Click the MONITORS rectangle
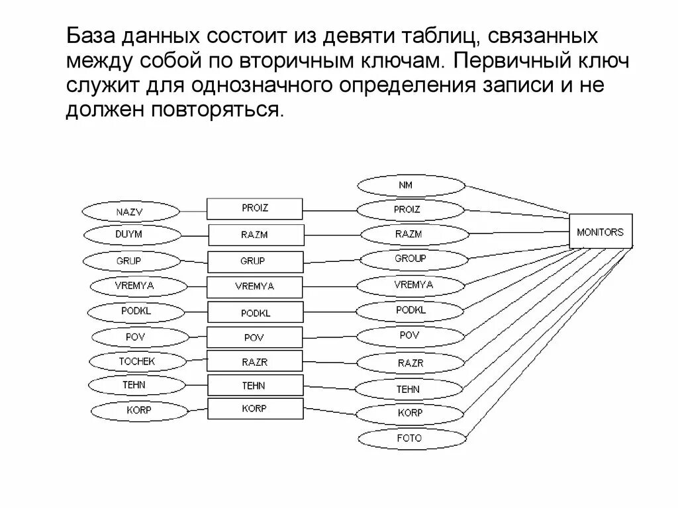pos(601,232)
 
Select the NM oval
pos(405,185)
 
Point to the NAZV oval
pos(130,212)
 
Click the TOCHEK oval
pos(137,362)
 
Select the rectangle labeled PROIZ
pos(255,208)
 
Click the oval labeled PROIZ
pos(407,210)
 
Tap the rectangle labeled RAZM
pos(255,235)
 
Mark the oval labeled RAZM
pos(409,234)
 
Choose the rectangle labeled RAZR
pos(255,361)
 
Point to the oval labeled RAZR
pos(411,363)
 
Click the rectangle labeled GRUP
pos(255,261)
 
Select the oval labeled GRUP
pos(129,261)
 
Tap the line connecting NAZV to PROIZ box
pos(193,212)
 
